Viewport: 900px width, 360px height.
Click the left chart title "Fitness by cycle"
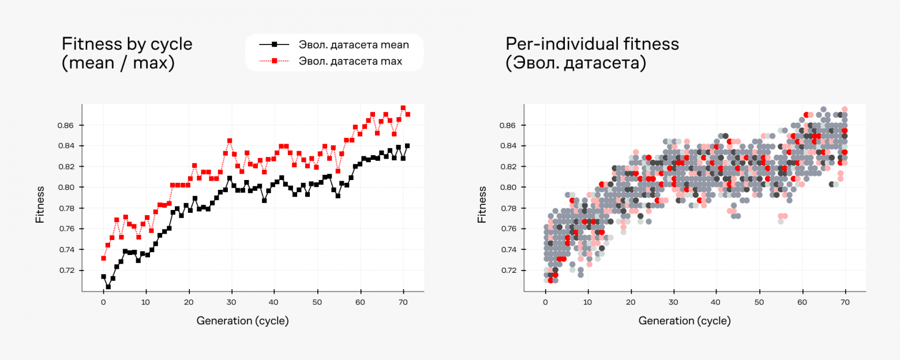pos(127,44)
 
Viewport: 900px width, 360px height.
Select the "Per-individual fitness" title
pos(592,44)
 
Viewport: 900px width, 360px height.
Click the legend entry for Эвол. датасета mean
pos(353,44)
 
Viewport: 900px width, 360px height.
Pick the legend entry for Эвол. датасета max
pos(350,61)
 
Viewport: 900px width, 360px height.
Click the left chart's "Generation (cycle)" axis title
pos(242,320)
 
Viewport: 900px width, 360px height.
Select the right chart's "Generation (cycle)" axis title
pos(684,320)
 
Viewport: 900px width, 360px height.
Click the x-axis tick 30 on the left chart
pos(232,302)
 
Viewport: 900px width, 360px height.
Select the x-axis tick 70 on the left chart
pos(403,302)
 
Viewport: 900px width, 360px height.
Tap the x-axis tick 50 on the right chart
pos(759,302)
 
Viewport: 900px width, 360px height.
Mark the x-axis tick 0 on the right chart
pos(545,302)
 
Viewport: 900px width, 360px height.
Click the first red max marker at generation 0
pos(103,258)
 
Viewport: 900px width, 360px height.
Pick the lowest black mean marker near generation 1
pos(108,287)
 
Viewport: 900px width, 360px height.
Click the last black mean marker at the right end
pos(407,146)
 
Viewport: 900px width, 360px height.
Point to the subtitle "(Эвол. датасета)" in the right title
pos(576,62)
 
